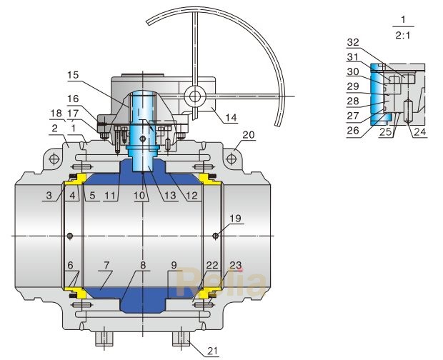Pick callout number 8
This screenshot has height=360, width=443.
pos(143,264)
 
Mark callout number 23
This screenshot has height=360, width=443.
pos(235,264)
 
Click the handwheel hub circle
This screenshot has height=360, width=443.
pos(194,95)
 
